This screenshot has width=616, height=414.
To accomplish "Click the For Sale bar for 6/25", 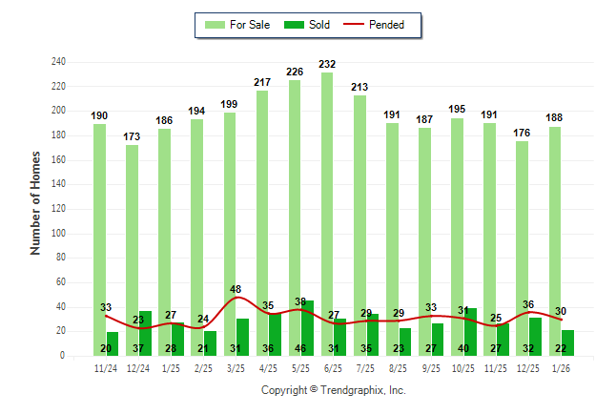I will (327, 191).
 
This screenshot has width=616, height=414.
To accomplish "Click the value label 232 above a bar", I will (327, 65).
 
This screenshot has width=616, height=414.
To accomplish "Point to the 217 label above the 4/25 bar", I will (262, 83).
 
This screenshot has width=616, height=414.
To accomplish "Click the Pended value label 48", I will (236, 289).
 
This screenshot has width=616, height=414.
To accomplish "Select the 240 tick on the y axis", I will (58, 62).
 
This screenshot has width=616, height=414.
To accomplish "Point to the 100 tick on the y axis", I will (58, 234).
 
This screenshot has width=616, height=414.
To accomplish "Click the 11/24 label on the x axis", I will (106, 368).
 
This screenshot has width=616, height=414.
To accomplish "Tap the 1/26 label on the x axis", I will (561, 368).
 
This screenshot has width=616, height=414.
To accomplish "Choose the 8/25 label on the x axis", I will (399, 368).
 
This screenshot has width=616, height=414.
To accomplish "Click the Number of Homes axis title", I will (36, 202).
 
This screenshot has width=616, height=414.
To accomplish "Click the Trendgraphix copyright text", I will (334, 390).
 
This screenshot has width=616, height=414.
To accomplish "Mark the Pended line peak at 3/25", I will (236, 298).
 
